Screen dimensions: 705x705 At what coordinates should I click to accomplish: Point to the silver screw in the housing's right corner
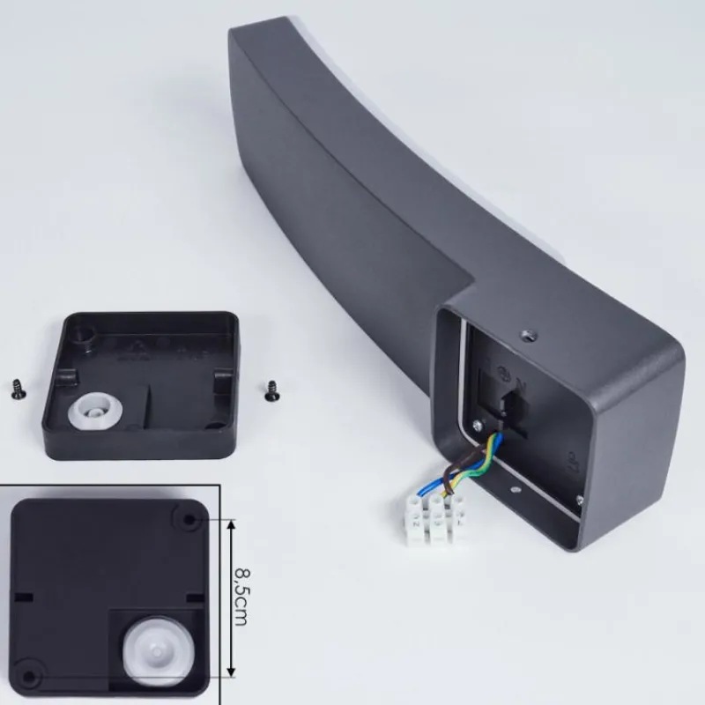point(580,500)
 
